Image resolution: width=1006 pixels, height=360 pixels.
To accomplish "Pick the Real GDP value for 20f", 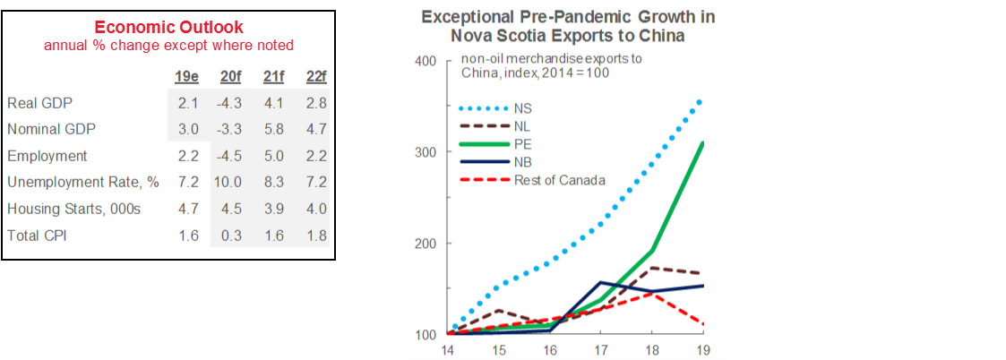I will click(x=228, y=103).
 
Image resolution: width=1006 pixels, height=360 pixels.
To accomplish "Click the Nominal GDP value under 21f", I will click(x=273, y=129).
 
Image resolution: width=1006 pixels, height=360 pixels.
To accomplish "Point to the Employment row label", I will click(x=47, y=156).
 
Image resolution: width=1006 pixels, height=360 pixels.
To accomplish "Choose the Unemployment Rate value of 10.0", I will click(x=228, y=183).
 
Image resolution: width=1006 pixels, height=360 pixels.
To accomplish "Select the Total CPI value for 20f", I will click(x=229, y=236).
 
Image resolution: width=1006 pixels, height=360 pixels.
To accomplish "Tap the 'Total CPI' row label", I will click(x=39, y=236).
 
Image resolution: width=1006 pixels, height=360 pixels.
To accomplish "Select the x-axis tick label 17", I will click(x=599, y=349).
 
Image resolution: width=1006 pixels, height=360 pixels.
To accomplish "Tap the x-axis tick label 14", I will click(x=448, y=349).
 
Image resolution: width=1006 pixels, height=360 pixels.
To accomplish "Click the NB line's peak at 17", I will click(x=599, y=283).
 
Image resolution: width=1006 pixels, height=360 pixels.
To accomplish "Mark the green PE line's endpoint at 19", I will click(x=701, y=143).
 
